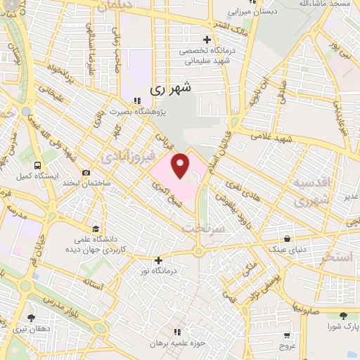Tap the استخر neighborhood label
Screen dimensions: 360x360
(335, 258)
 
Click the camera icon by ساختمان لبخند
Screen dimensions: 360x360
(86, 172)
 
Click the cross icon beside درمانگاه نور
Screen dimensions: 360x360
(159, 260)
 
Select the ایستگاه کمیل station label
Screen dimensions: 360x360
(41, 175)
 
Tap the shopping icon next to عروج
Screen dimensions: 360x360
(288, 335)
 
